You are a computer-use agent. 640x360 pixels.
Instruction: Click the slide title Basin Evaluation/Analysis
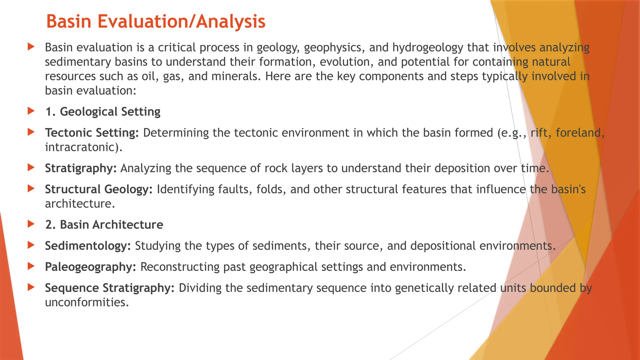tap(156, 22)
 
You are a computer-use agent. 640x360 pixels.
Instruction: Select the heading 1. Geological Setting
tap(103, 112)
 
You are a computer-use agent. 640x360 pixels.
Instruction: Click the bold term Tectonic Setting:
tap(92, 133)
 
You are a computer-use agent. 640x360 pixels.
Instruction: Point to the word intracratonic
tap(82, 147)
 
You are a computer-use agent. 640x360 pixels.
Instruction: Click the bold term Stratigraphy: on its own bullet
tap(81, 168)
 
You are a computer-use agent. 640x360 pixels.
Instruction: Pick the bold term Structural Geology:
tap(99, 189)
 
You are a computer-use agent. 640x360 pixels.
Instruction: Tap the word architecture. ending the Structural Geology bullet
tap(80, 204)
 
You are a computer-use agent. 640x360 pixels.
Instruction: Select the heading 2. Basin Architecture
tap(104, 225)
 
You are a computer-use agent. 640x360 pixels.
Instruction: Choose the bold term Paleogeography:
tap(91, 267)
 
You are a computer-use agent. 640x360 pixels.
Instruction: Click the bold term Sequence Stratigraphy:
tap(110, 288)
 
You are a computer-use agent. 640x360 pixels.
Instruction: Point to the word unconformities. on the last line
tap(87, 302)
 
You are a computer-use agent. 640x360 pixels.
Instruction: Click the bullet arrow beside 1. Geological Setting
tap(31, 111)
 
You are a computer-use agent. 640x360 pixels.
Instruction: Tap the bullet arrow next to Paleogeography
tap(31, 266)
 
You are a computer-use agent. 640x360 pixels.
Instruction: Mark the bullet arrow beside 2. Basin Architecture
tap(31, 224)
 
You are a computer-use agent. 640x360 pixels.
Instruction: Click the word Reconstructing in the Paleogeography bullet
tap(180, 267)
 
